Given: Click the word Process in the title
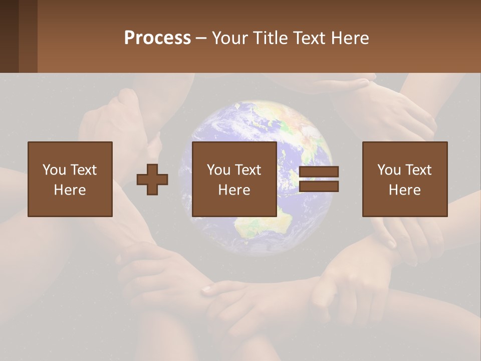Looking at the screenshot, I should (157, 38).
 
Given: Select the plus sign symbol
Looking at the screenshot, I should (152, 179).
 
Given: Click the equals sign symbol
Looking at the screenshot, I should (319, 179).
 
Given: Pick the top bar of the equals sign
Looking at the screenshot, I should (319, 172).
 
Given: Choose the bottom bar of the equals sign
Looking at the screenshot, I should (319, 186).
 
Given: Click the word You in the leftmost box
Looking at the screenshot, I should (54, 170).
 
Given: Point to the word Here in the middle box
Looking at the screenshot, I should (234, 190).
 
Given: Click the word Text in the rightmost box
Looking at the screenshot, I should (418, 170).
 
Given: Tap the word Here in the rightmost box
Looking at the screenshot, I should (404, 190).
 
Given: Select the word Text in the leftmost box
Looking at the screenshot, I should (84, 170).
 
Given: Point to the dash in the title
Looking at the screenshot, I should (201, 38).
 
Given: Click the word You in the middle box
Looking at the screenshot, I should (218, 170).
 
